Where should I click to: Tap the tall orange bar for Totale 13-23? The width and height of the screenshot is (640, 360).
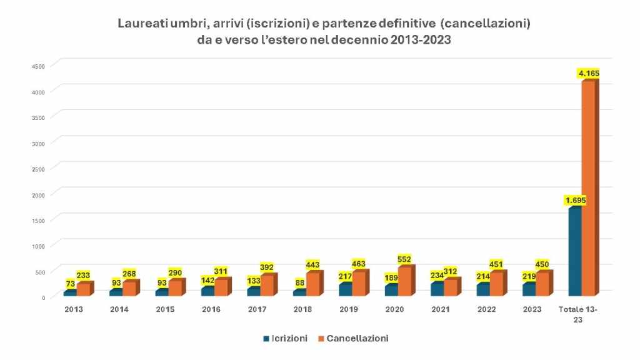588,187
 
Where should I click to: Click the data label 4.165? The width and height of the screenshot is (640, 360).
589,74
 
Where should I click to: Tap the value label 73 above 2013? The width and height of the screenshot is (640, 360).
71,284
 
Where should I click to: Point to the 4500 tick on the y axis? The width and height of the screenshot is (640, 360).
38,66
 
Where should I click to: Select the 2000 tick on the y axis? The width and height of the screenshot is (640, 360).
38,194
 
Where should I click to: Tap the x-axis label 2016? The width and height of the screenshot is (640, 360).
211,309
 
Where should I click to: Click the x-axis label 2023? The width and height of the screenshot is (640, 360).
532,309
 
